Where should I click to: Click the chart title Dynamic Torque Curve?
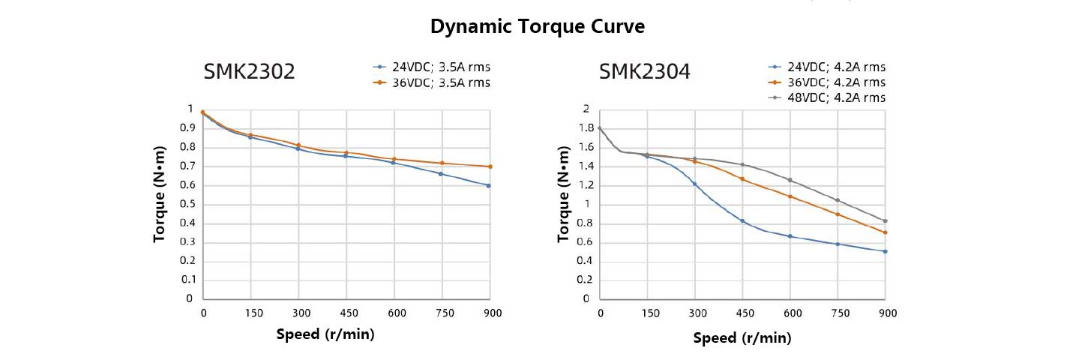(538, 27)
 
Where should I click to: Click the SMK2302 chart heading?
(249, 72)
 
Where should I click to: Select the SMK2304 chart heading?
(644, 72)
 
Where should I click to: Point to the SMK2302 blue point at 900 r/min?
(489, 185)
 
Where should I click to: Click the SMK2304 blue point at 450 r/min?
(742, 220)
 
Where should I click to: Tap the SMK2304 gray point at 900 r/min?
(886, 221)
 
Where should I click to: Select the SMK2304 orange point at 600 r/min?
(790, 196)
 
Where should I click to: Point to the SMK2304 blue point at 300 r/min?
(694, 184)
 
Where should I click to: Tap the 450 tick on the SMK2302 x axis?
(346, 313)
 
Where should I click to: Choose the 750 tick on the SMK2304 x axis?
(838, 313)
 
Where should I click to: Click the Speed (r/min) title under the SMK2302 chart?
(325, 334)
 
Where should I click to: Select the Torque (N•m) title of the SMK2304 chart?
(564, 203)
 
